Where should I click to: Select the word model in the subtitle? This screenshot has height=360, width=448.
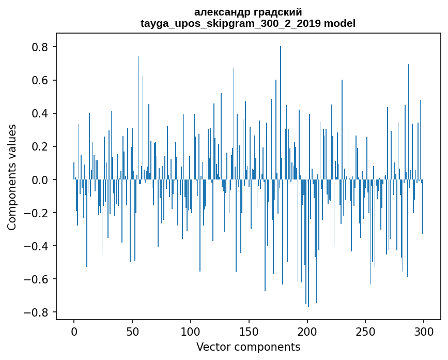click(339, 23)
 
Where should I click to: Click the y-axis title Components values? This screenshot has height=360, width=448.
click(11, 177)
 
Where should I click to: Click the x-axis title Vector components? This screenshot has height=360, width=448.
click(248, 347)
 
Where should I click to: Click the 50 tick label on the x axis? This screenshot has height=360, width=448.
click(132, 331)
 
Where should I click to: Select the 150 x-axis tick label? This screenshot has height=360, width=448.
click(249, 331)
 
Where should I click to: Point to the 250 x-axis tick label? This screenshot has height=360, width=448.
click(366, 331)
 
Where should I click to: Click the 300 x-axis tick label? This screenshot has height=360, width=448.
click(424, 331)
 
